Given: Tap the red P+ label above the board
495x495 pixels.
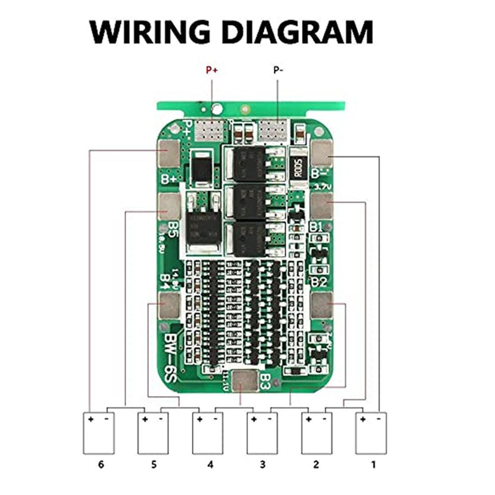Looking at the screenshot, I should (212, 70).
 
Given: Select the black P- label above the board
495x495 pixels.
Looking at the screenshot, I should (278, 70).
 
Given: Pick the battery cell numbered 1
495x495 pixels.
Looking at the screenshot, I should (371, 433).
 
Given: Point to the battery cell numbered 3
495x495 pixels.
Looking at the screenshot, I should (262, 433).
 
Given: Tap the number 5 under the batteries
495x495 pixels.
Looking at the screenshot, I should (154, 465).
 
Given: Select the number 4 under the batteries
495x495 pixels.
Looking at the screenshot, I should (210, 465).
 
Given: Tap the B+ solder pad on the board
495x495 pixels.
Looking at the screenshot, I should (169, 153).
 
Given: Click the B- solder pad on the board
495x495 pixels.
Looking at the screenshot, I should (323, 153).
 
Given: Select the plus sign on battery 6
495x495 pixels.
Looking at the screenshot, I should (91, 419).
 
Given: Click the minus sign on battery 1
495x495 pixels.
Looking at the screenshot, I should (379, 419).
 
